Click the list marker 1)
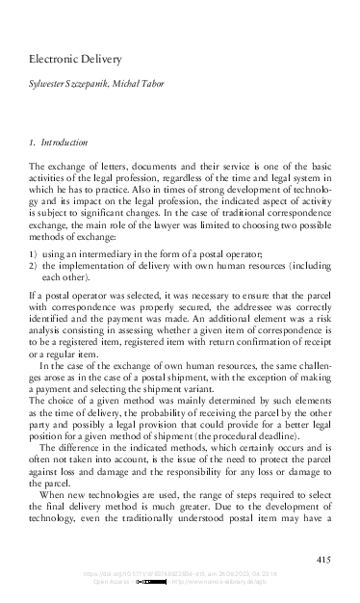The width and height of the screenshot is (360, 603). [x=33, y=251]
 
